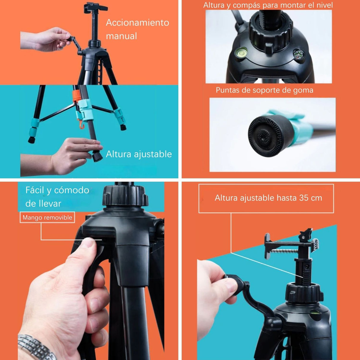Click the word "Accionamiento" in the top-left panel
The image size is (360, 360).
(x=137, y=23)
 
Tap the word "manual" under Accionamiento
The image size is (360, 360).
(x=121, y=36)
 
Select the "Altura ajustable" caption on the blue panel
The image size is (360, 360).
(x=139, y=154)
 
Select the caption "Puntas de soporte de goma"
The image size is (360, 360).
(x=264, y=90)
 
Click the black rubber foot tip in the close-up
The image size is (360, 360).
(x=265, y=136)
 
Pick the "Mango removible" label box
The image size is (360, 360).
(x=47, y=217)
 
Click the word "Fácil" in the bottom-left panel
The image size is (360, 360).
(x=35, y=190)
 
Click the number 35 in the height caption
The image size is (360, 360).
(x=303, y=198)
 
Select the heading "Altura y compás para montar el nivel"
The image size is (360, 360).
(x=268, y=5)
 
